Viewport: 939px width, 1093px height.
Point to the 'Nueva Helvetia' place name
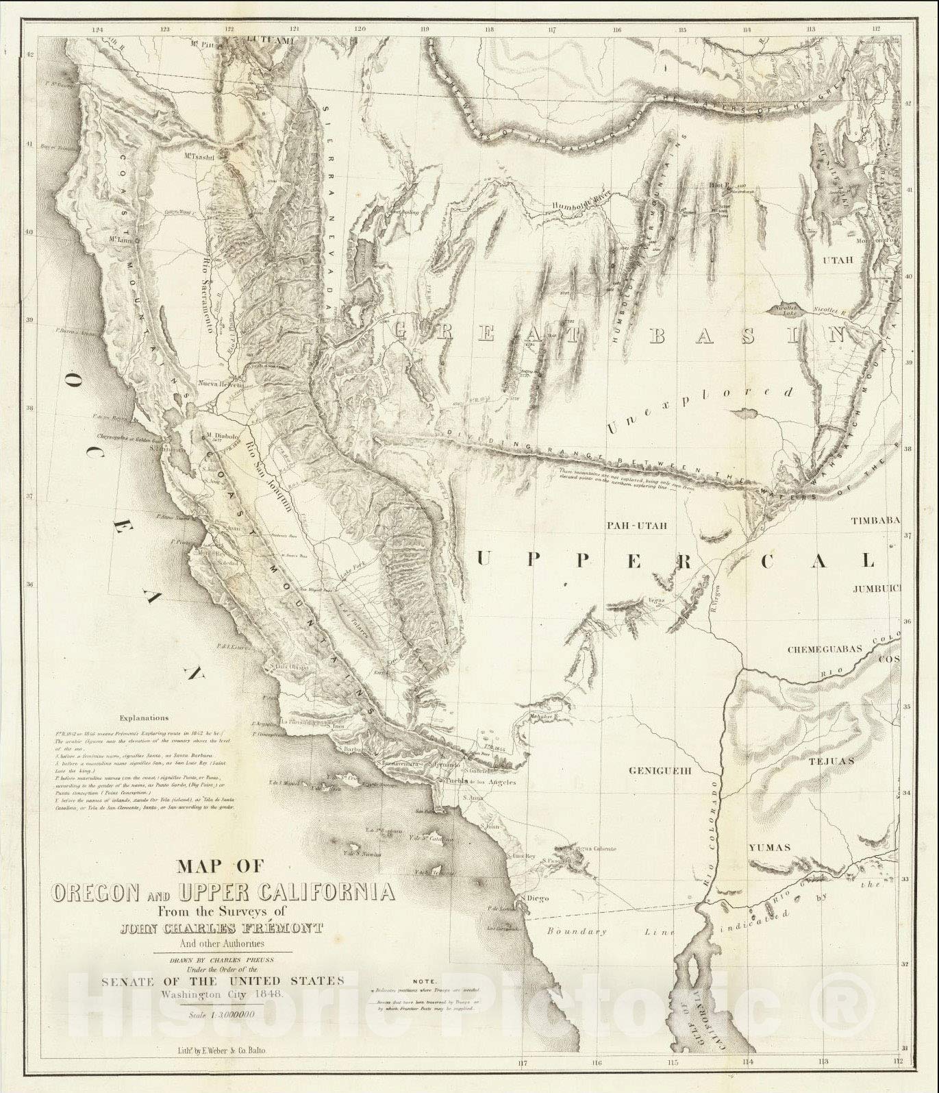221,384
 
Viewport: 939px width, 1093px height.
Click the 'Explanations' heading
143,718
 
